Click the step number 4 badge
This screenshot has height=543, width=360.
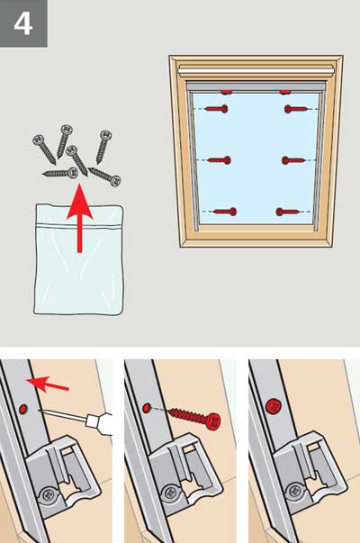[x=23, y=23]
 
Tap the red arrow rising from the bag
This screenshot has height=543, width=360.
[x=80, y=218]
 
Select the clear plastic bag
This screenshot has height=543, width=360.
[x=78, y=259]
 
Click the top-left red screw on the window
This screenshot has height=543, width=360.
[x=216, y=109]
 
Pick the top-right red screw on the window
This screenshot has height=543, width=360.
[x=295, y=110]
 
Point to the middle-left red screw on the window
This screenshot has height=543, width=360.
[x=220, y=160]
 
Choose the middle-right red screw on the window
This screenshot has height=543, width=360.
[x=293, y=160]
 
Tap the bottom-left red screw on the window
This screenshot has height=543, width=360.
[x=225, y=212]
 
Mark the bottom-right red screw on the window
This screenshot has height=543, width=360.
[x=287, y=212]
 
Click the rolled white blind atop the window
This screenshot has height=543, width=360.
[x=256, y=70]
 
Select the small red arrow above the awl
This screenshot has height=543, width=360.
[x=48, y=385]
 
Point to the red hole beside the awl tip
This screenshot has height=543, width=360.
[x=22, y=409]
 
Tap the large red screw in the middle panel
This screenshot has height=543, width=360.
[x=194, y=418]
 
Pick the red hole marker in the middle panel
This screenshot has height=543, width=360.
[x=147, y=407]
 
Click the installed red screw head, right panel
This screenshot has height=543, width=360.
[x=273, y=406]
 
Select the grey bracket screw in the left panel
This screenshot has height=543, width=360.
[x=48, y=496]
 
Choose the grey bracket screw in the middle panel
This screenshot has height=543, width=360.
[x=170, y=493]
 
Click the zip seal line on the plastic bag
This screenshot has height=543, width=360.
[x=79, y=226]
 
